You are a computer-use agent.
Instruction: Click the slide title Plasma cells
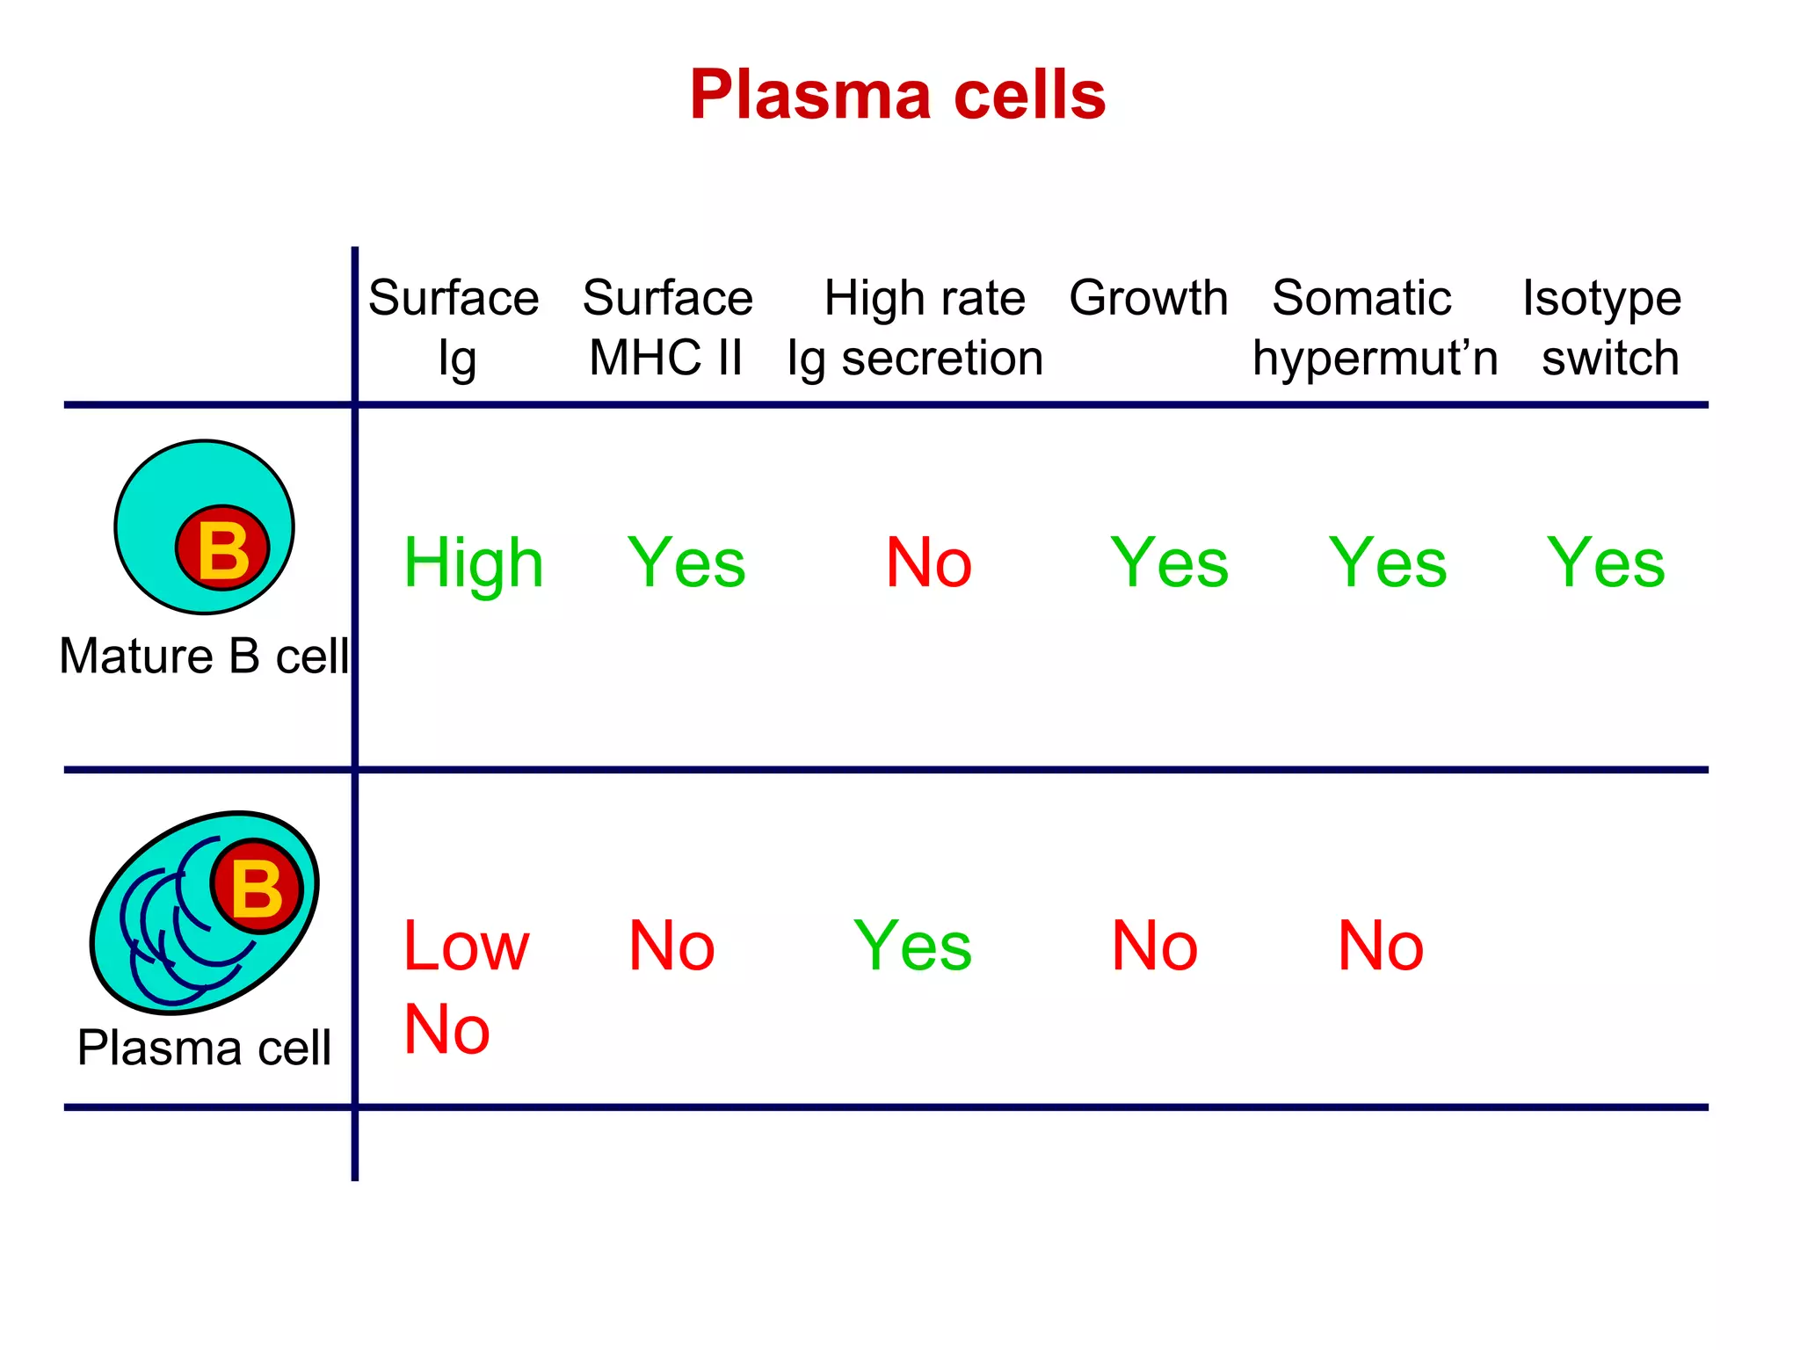897,95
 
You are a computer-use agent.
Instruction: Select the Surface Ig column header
454,327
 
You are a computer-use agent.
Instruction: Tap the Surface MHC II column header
667,327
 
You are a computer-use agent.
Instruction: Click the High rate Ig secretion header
917,327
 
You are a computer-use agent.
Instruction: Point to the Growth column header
1148,298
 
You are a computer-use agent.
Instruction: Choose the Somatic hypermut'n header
1374,327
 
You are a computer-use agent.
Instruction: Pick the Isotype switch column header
1602,327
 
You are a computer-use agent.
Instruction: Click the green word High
473,563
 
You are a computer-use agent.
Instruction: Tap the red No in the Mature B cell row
928,562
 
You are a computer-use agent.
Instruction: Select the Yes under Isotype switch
1605,562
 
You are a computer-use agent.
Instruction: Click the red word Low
466,947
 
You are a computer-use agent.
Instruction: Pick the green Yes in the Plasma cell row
912,947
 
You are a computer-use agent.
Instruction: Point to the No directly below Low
446,1029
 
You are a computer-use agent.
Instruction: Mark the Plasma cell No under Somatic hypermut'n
1380,947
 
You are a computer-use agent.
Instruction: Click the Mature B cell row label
204,656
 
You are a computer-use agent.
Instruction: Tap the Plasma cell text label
204,1047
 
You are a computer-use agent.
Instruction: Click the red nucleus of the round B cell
222,548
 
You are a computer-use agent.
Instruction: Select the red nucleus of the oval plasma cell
257,887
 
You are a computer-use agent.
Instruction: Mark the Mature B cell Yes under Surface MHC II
686,562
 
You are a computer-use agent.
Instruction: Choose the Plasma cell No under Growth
1154,947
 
